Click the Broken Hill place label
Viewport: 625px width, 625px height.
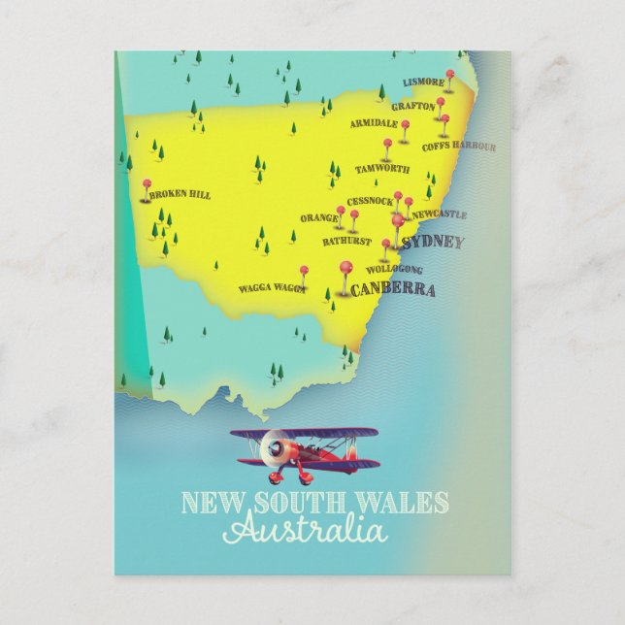click(x=181, y=195)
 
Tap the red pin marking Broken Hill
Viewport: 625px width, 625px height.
click(x=147, y=183)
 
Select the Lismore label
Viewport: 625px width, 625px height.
click(x=423, y=83)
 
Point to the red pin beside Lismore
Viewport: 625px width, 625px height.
click(x=449, y=74)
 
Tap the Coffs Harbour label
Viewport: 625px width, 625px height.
click(x=458, y=147)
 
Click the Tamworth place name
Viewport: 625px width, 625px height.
click(x=381, y=168)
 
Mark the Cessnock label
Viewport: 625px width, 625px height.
click(x=370, y=201)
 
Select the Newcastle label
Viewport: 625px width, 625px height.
click(x=439, y=214)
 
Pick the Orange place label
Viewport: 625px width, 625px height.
click(x=318, y=218)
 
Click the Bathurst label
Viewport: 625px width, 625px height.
click(x=347, y=239)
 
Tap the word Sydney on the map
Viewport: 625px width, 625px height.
click(x=432, y=242)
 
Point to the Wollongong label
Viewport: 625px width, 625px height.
click(x=394, y=269)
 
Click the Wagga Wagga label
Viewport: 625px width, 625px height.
click(x=272, y=288)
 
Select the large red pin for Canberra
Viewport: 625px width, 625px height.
click(x=344, y=266)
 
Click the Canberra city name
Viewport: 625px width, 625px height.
click(x=392, y=289)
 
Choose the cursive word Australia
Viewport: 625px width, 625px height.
click(x=305, y=532)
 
